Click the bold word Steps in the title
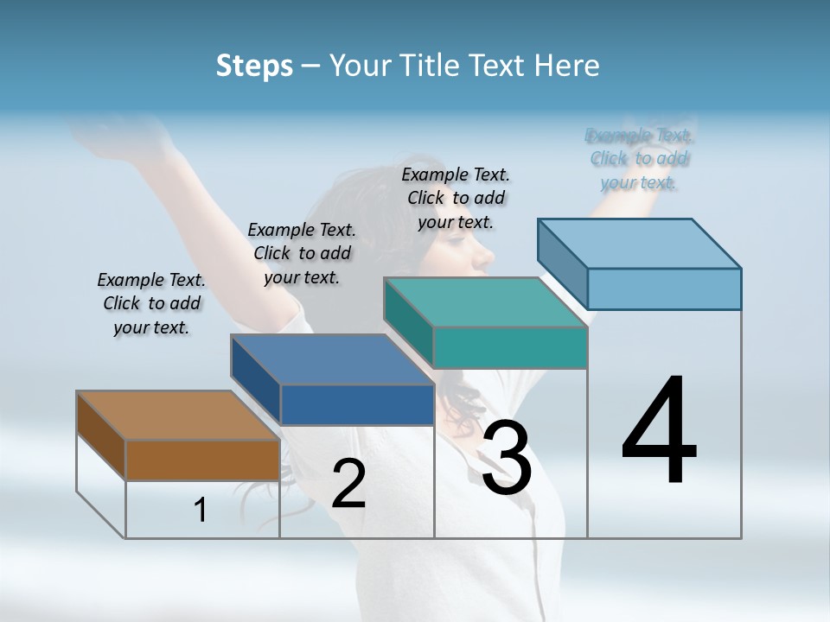254,66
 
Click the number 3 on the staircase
506,458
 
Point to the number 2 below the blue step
348,484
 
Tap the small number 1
201,510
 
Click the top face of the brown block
177,416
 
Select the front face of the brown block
202,460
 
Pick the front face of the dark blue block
357,404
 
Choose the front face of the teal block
510,347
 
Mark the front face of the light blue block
664,289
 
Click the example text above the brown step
151,303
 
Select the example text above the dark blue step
302,253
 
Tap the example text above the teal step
456,198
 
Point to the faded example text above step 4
639,159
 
